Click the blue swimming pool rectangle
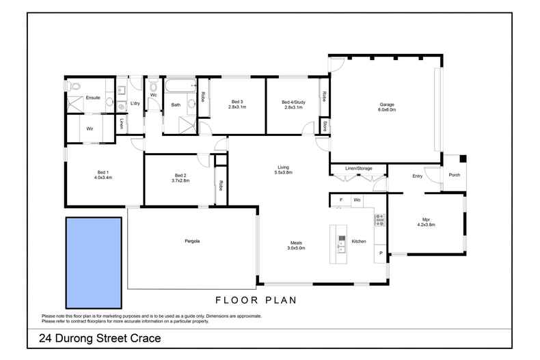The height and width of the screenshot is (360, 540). [x=93, y=262]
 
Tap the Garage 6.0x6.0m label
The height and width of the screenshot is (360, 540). [x=388, y=107]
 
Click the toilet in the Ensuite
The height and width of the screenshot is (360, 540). [x=75, y=87]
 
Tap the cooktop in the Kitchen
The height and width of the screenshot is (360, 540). [x=380, y=220]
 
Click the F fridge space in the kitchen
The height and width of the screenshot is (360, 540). [x=340, y=200]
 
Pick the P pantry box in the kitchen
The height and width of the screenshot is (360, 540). [x=380, y=254]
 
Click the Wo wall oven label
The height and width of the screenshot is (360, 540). [x=357, y=200]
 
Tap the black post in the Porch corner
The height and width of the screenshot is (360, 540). [x=463, y=159]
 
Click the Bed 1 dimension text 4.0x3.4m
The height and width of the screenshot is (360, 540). [x=103, y=178]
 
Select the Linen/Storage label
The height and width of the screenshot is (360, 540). [x=358, y=168]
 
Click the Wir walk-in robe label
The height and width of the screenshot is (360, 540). [x=90, y=128]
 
